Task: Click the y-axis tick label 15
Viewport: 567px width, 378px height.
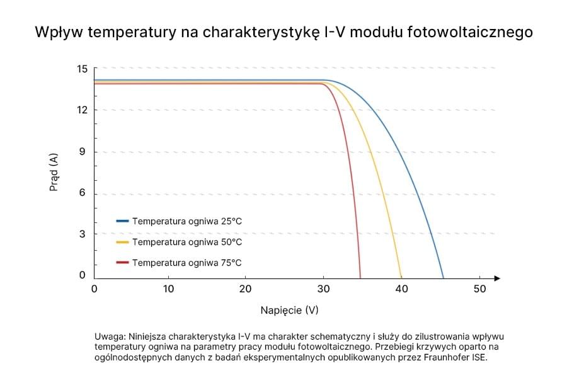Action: [82, 69]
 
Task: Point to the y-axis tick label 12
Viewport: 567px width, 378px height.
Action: [82, 110]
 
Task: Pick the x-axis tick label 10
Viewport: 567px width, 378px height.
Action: [168, 289]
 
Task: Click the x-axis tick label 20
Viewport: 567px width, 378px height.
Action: [246, 289]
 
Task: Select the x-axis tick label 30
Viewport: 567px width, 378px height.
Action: [323, 289]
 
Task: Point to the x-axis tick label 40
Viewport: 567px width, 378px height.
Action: [402, 289]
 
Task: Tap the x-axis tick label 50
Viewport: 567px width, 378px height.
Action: [479, 289]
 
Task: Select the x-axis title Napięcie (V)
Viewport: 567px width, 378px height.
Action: [289, 311]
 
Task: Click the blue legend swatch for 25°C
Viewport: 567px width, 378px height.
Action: [122, 221]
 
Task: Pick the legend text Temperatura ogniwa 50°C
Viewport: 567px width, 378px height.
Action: [186, 242]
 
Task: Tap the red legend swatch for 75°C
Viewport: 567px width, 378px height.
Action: [122, 263]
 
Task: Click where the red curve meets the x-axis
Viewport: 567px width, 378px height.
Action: [360, 278]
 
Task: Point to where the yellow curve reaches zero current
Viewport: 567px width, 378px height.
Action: [401, 278]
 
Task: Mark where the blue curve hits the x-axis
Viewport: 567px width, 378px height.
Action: [444, 278]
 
